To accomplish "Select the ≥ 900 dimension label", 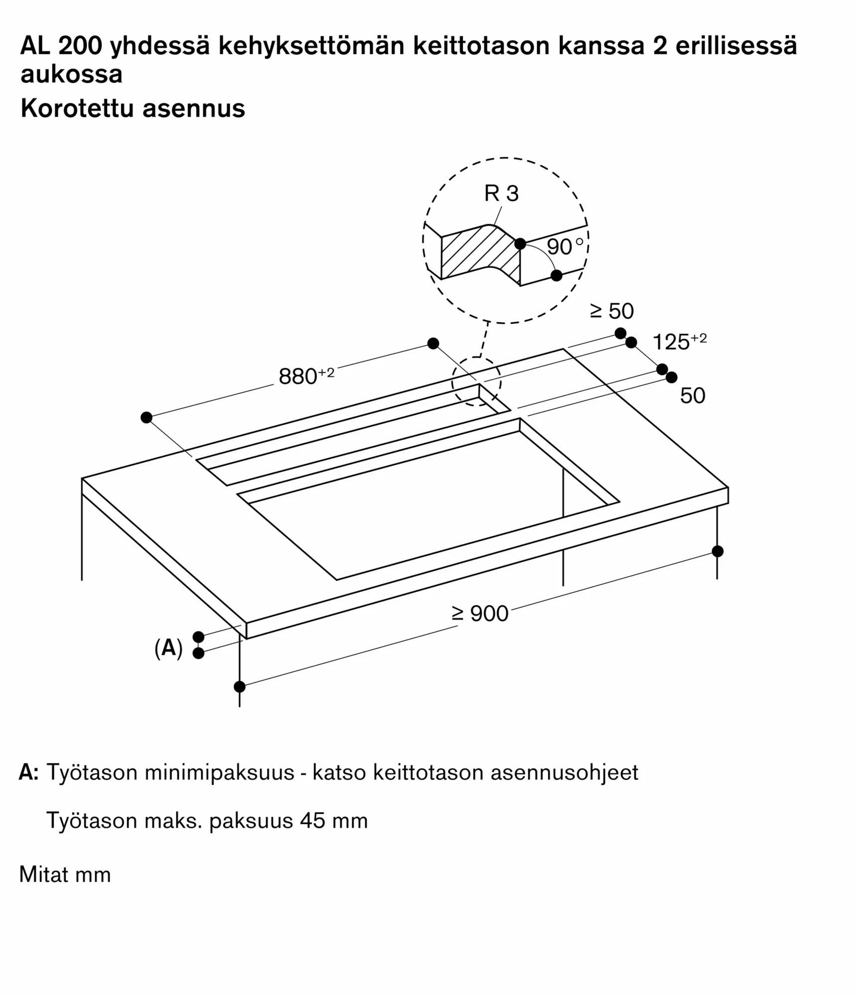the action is pyautogui.click(x=480, y=614).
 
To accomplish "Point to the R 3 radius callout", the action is pyautogui.click(x=501, y=193).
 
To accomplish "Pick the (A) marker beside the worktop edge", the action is pyautogui.click(x=168, y=648).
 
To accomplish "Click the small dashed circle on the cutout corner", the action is pyautogui.click(x=476, y=382).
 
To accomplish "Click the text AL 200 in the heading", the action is pyautogui.click(x=61, y=46).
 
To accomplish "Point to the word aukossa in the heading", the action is pyautogui.click(x=71, y=74).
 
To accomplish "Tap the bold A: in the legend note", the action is pyautogui.click(x=28, y=772).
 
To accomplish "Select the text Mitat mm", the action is pyautogui.click(x=65, y=874).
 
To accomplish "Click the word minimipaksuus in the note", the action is pyautogui.click(x=219, y=772).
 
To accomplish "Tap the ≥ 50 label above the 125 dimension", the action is pyautogui.click(x=612, y=311).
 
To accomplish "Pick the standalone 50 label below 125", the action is pyautogui.click(x=693, y=396).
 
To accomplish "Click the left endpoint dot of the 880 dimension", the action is pyautogui.click(x=146, y=417).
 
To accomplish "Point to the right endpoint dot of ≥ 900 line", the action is pyautogui.click(x=717, y=551).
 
